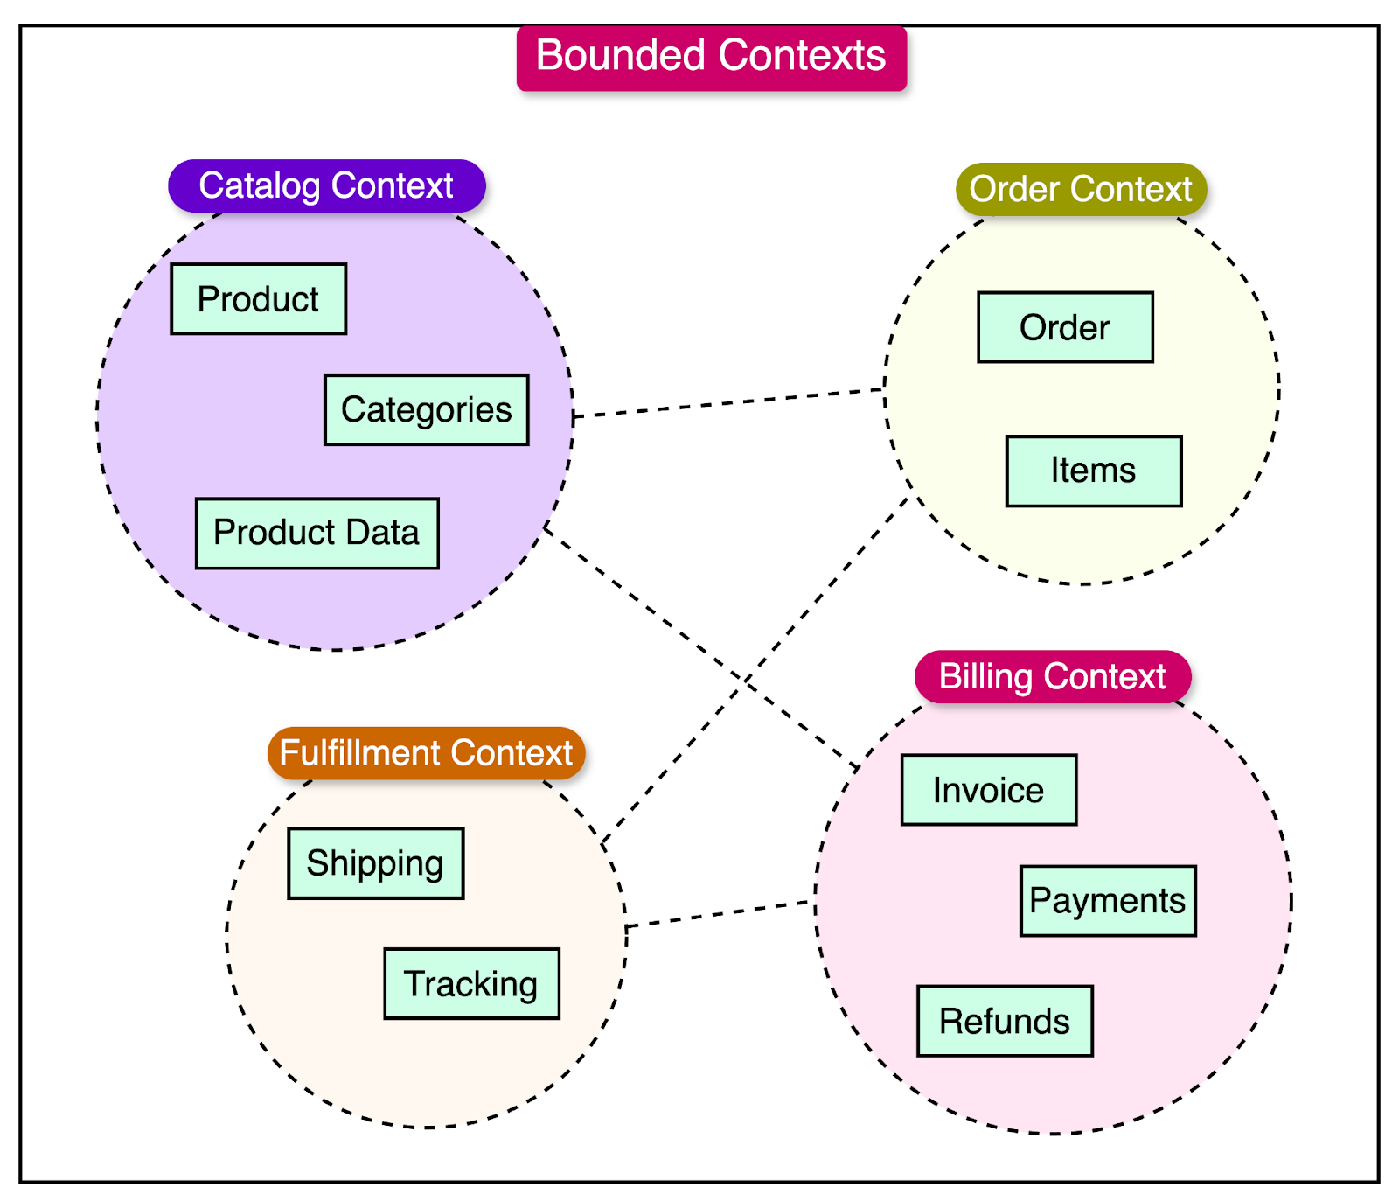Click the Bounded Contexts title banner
click(x=711, y=58)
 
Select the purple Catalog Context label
click(x=326, y=186)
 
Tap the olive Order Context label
click(x=1081, y=190)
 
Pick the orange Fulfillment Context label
click(x=426, y=753)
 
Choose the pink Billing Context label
click(x=1052, y=677)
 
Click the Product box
click(x=258, y=299)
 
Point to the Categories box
click(x=426, y=410)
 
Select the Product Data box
click(x=317, y=534)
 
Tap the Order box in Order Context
click(x=1065, y=327)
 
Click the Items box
click(x=1093, y=471)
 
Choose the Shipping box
click(x=375, y=863)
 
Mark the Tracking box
click(x=471, y=984)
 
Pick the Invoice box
click(x=988, y=790)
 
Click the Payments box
click(x=1107, y=901)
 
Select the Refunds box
click(x=1004, y=1021)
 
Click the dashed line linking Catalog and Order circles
click(x=728, y=402)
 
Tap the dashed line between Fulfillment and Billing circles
click(x=720, y=913)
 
